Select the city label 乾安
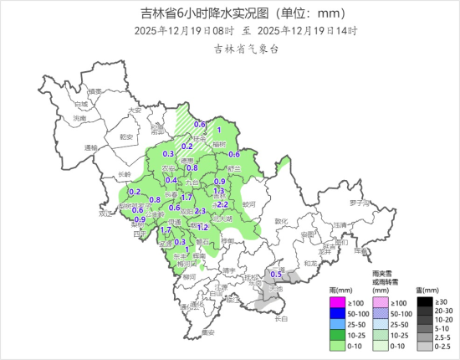click(x=127, y=136)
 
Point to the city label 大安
click(x=134, y=111)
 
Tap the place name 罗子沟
click(x=360, y=203)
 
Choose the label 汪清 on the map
click(x=339, y=225)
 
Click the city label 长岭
click(x=124, y=174)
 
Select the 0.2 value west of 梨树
click(x=134, y=192)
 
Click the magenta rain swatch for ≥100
click(x=335, y=301)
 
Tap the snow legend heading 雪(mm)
click(x=424, y=289)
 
